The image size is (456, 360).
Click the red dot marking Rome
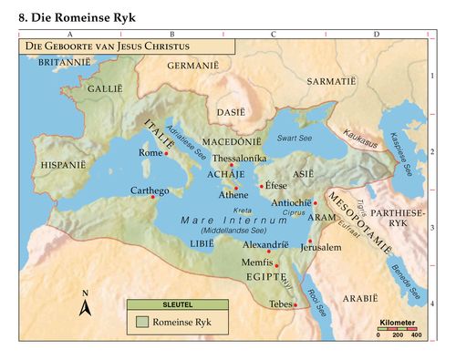(x=167, y=154)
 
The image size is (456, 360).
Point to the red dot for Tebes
(x=295, y=305)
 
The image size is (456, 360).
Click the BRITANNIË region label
(x=65, y=62)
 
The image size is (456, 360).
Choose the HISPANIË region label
(x=64, y=165)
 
